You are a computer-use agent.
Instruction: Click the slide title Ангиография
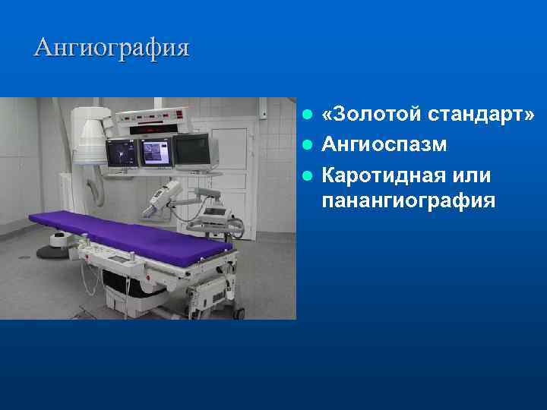pyautogui.click(x=112, y=49)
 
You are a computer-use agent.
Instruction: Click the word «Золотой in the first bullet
pyautogui.click(x=371, y=115)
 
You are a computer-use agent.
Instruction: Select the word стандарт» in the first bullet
pyautogui.click(x=481, y=115)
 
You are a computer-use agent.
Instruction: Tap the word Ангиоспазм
pyautogui.click(x=384, y=143)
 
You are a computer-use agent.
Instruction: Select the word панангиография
pyautogui.click(x=408, y=202)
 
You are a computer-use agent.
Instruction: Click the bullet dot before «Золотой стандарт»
pyautogui.click(x=307, y=115)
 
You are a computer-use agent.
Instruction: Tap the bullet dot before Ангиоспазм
pyautogui.click(x=307, y=144)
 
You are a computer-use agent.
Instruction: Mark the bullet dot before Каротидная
pyautogui.click(x=307, y=175)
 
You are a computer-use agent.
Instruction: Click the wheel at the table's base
pyautogui.click(x=239, y=311)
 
